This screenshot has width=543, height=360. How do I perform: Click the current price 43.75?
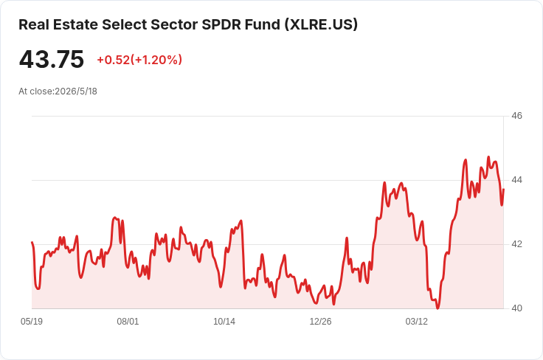coord(52,59)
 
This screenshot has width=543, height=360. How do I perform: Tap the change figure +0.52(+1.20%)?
coord(139,60)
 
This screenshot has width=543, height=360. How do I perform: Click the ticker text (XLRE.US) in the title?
coord(321,24)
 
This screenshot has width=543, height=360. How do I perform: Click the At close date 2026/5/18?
coord(76,91)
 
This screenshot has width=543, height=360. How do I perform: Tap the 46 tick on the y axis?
coord(516,116)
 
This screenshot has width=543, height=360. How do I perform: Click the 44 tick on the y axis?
coord(516,180)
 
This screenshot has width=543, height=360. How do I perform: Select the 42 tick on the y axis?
coord(516,244)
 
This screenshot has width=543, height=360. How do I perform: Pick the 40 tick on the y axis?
coord(516,308)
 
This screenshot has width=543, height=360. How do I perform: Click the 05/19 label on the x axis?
coord(32,322)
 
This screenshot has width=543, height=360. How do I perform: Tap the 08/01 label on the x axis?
coord(128,322)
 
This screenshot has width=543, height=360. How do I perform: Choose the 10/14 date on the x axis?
coord(224,322)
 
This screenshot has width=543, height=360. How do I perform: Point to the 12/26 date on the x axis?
coord(320,322)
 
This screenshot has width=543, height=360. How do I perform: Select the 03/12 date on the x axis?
coord(417,322)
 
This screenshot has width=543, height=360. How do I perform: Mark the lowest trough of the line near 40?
coord(437,308)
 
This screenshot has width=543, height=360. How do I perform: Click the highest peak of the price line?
coord(488,157)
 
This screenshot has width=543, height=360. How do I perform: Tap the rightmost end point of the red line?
coord(503,190)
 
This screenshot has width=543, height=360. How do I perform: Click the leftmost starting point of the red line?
coord(32,242)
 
